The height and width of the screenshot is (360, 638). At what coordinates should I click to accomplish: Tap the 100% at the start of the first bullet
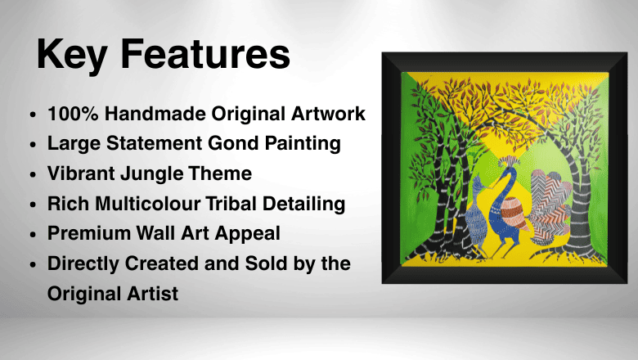tap(70, 113)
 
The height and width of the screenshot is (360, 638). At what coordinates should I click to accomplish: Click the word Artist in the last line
tap(149, 293)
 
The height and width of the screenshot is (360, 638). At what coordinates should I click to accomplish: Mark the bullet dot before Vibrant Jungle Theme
tap(32, 174)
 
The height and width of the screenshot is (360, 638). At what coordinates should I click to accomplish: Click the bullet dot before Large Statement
tap(32, 144)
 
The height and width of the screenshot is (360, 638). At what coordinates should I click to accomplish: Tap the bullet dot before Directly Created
tap(32, 264)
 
